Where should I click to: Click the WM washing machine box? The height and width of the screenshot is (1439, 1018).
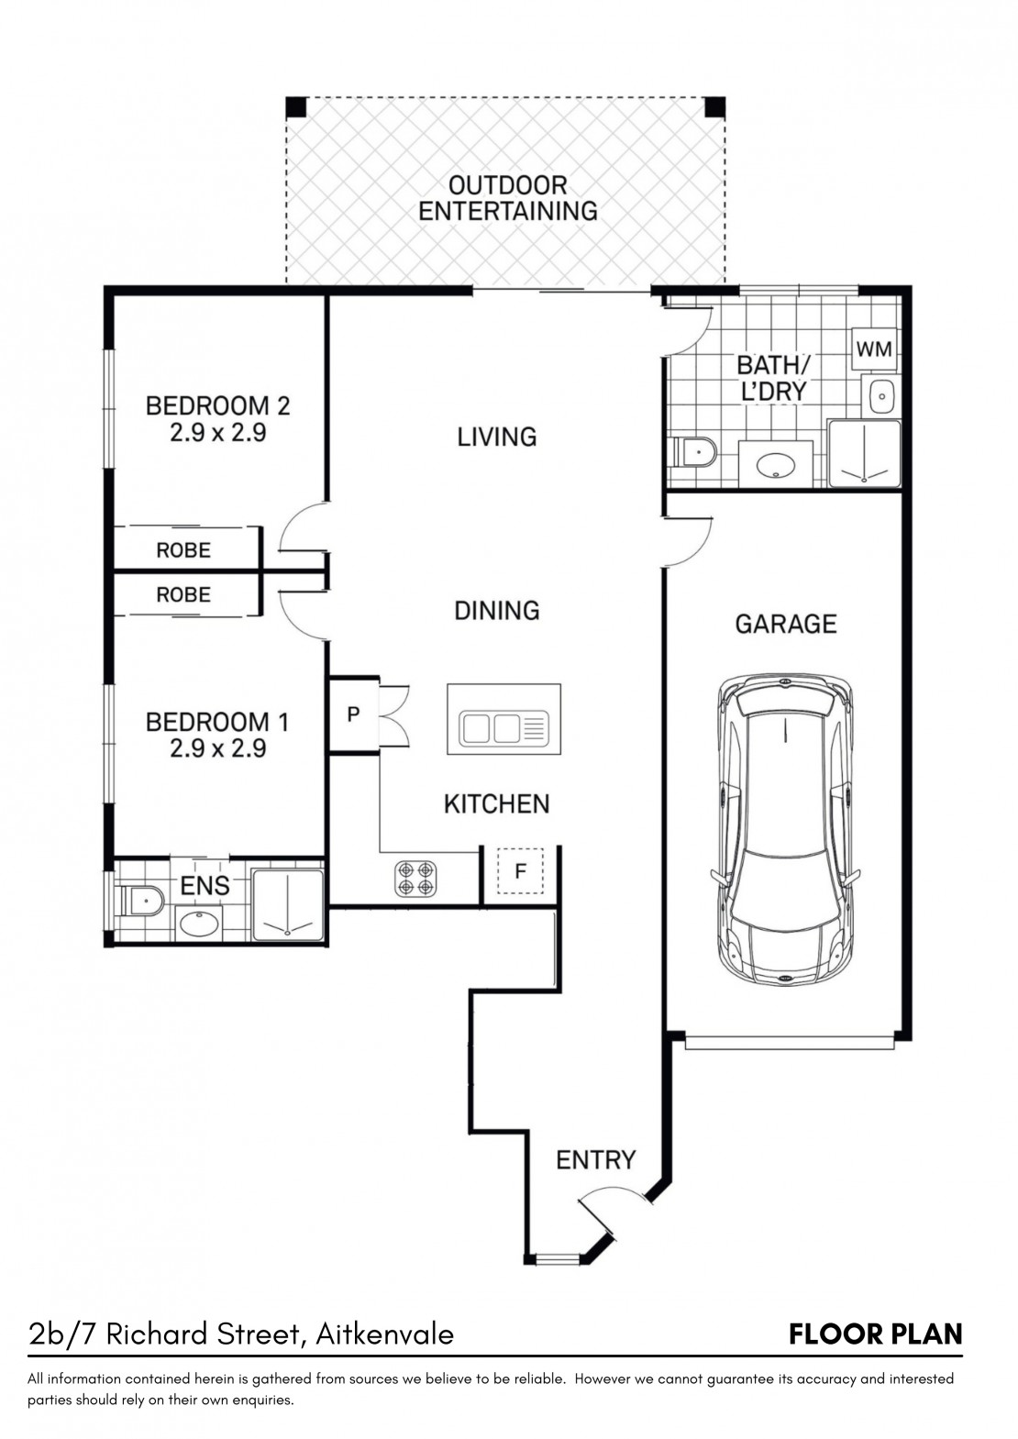[874, 349]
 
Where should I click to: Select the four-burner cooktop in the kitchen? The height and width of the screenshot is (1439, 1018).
[415, 879]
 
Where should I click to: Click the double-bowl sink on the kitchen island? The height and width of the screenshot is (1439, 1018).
[503, 728]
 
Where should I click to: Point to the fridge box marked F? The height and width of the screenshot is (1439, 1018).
[520, 871]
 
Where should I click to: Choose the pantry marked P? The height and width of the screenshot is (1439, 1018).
[352, 714]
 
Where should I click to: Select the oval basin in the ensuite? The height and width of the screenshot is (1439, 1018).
[199, 924]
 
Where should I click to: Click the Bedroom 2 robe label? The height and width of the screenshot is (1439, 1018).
[183, 550]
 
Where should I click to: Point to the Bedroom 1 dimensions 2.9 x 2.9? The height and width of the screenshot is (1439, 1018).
[218, 748]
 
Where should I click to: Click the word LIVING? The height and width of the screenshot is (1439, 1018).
[496, 437]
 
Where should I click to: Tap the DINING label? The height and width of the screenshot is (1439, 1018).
[496, 610]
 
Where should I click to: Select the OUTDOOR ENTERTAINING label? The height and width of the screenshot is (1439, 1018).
[508, 198]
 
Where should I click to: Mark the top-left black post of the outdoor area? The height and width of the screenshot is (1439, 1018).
[296, 106]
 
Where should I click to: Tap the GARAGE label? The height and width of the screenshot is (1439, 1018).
[785, 624]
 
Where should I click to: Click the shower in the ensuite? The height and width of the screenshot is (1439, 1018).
[287, 905]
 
